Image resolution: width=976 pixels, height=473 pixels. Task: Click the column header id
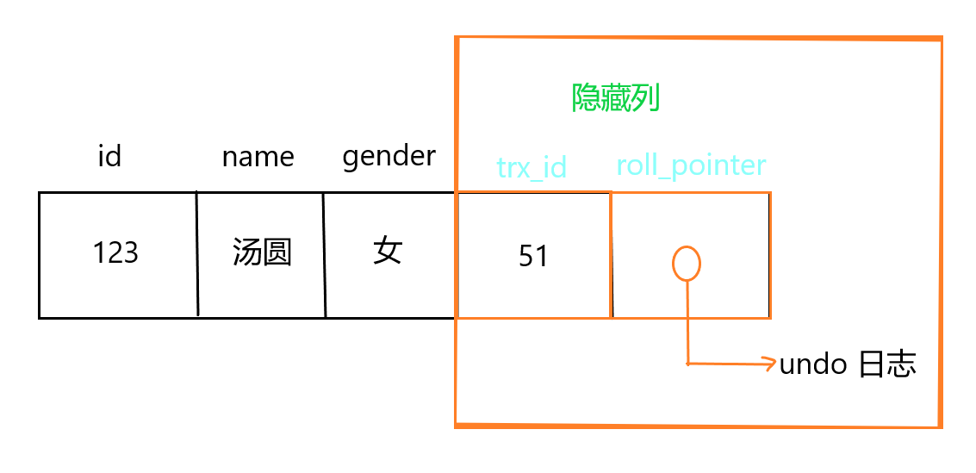click(x=109, y=156)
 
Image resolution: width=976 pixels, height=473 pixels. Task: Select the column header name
click(x=258, y=157)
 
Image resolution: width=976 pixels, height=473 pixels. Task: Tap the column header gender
click(x=389, y=157)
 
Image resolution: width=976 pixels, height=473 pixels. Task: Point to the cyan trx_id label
click(x=532, y=166)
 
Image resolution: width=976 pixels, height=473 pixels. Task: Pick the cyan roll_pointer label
click(x=691, y=164)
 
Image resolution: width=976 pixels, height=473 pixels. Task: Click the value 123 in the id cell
click(x=115, y=252)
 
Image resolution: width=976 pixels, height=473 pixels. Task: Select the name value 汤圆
click(x=262, y=252)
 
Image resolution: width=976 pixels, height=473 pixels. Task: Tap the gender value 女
click(x=388, y=252)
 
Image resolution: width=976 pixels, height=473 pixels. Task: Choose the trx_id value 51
click(x=533, y=256)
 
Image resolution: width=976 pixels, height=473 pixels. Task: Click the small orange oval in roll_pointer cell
click(x=686, y=263)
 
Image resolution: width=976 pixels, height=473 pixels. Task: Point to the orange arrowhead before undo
click(x=768, y=364)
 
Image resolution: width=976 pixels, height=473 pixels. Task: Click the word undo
click(x=813, y=364)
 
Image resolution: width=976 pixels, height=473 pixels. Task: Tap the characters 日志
click(x=887, y=364)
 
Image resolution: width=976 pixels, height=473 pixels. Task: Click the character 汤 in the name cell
click(x=247, y=252)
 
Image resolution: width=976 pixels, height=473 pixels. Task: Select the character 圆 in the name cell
click(x=277, y=252)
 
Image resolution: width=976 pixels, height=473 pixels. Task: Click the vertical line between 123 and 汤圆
click(x=197, y=254)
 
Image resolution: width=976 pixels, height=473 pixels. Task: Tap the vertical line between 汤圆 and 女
click(x=325, y=254)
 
